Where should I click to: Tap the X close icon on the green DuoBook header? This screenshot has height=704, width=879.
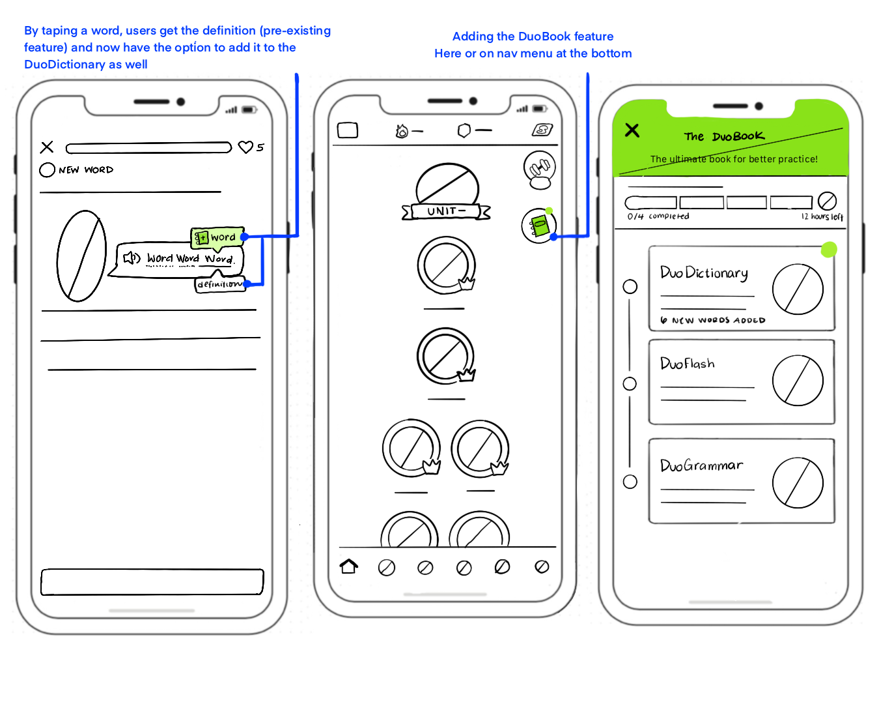[632, 130]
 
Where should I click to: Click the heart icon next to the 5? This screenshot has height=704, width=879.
[245, 147]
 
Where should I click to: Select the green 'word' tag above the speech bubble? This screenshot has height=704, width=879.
[217, 237]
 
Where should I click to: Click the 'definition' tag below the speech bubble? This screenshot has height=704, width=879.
[220, 284]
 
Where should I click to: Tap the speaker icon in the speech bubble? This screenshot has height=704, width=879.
[132, 258]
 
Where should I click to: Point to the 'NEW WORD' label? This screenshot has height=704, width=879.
[85, 170]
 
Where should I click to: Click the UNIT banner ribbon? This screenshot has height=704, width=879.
[446, 211]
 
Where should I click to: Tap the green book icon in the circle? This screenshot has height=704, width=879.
[539, 226]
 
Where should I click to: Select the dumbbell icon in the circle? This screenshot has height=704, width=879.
[539, 168]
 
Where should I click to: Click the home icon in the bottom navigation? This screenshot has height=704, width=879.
[349, 566]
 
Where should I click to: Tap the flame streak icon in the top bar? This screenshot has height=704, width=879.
[402, 132]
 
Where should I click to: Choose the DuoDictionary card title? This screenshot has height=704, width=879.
[704, 273]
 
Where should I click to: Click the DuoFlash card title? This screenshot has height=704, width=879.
[687, 364]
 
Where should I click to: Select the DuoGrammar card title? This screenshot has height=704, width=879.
[701, 465]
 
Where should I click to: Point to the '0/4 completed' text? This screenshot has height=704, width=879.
[658, 216]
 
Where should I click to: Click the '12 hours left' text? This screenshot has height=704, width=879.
[822, 216]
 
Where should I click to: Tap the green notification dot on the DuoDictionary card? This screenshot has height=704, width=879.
[829, 249]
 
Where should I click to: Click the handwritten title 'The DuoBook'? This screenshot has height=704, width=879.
[724, 136]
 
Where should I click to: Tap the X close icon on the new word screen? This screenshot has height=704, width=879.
[47, 147]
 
